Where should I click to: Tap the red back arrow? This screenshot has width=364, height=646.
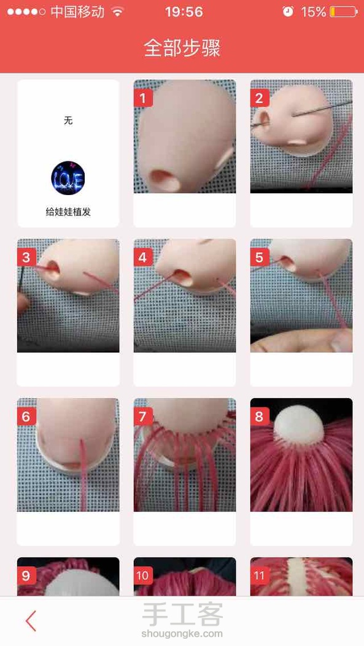31,621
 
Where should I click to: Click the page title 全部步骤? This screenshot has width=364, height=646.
182,48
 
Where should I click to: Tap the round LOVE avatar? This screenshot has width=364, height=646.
68,178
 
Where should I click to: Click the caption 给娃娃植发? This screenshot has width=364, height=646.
68,212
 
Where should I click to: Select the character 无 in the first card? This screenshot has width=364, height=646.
68,120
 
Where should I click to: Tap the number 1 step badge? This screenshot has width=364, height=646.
143,98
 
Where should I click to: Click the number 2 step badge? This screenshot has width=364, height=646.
260,98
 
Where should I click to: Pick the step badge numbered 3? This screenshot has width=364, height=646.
26,258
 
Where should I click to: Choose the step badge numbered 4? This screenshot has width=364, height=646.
143,258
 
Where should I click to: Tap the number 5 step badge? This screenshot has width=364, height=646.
260,258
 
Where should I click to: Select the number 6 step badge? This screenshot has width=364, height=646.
26,417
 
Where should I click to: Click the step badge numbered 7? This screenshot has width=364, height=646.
143,417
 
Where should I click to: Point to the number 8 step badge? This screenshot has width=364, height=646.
260,417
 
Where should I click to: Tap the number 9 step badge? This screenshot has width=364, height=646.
26,575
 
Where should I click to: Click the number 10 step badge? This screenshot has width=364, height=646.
143,575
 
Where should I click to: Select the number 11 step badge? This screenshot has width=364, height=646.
260,575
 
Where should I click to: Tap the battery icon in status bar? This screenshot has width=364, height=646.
344,12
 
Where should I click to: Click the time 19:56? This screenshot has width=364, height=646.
184,12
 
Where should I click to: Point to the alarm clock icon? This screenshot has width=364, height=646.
288,12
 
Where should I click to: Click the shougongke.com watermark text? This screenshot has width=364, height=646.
182,634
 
